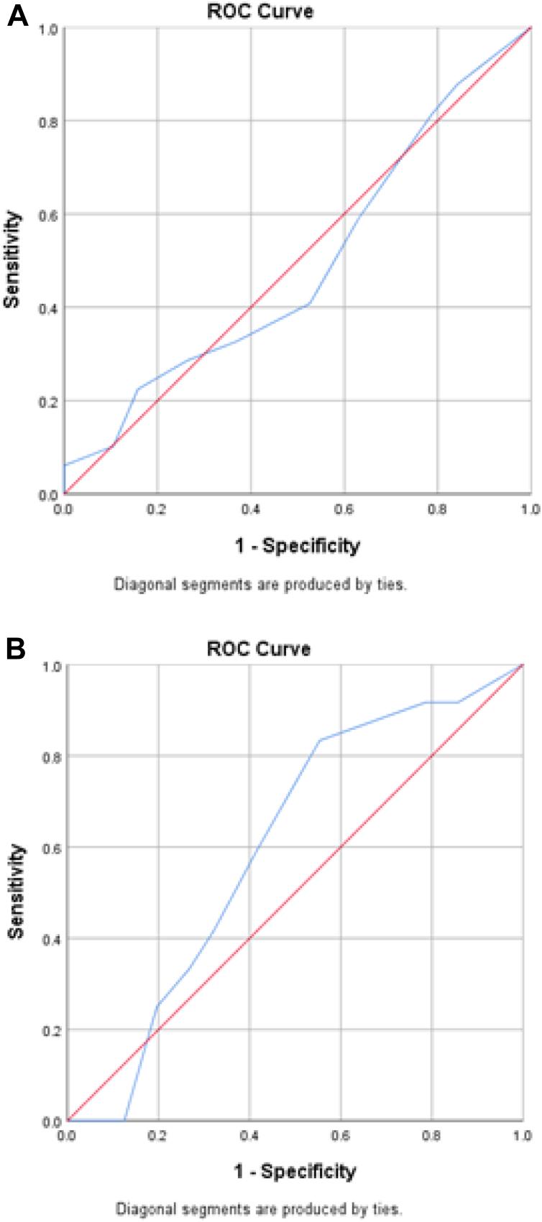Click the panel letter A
pyautogui.click(x=17, y=16)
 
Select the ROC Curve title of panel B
pyautogui.click(x=259, y=649)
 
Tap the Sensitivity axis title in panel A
pyautogui.click(x=12, y=260)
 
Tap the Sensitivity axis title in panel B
pyautogui.click(x=16, y=891)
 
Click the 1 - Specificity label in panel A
pyautogui.click(x=297, y=546)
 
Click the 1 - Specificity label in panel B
pyautogui.click(x=295, y=1172)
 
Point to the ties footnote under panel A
pyautogui.click(x=260, y=585)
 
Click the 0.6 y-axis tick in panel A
pyautogui.click(x=48, y=215)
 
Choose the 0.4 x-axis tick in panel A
pyautogui.click(x=251, y=509)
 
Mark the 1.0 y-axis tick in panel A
pyautogui.click(x=48, y=28)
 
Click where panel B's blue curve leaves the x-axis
pyautogui.click(x=125, y=1120)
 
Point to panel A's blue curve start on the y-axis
pyautogui.click(x=65, y=466)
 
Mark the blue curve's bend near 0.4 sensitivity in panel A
pyautogui.click(x=308, y=304)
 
